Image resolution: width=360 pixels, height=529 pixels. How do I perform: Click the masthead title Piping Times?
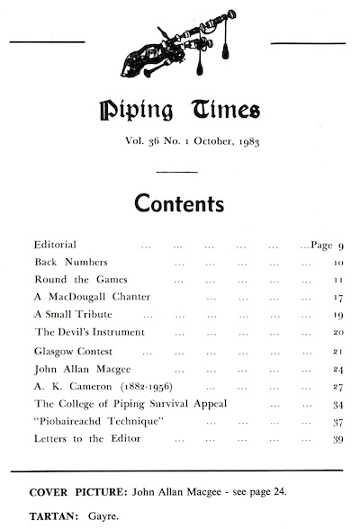180,112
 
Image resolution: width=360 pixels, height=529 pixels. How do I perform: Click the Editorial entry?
54,246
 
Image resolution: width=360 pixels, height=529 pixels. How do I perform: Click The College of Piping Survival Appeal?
129,404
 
